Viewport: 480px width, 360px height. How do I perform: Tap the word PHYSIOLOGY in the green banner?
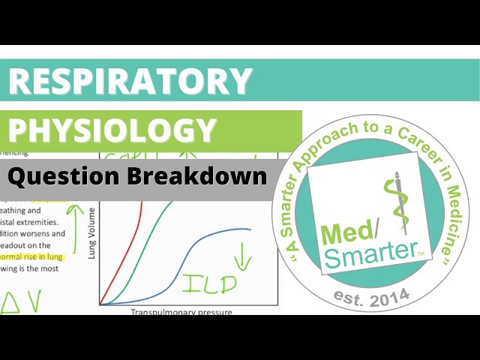112,130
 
